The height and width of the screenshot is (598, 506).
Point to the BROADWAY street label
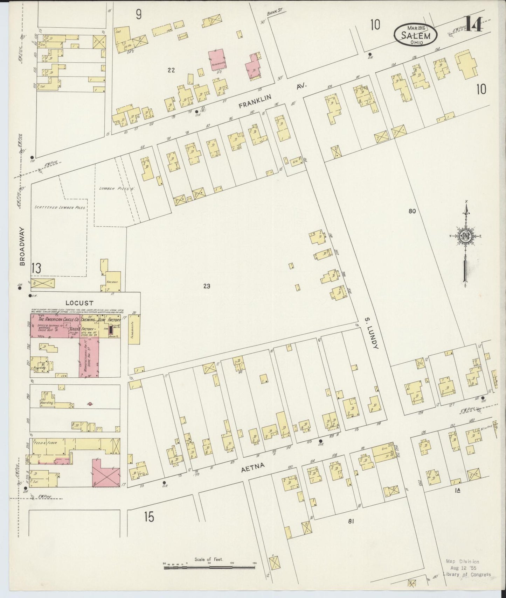pyautogui.click(x=22, y=246)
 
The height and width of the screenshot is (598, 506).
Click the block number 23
pyautogui.click(x=207, y=286)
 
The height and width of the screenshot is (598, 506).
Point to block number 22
pyautogui.click(x=171, y=70)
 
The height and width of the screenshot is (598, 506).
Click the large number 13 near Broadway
pyautogui.click(x=36, y=268)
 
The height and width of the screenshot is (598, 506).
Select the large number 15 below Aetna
pyautogui.click(x=149, y=517)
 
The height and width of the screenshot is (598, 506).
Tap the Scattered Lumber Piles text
pyautogui.click(x=60, y=208)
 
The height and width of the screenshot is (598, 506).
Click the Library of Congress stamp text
pyautogui.click(x=466, y=574)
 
